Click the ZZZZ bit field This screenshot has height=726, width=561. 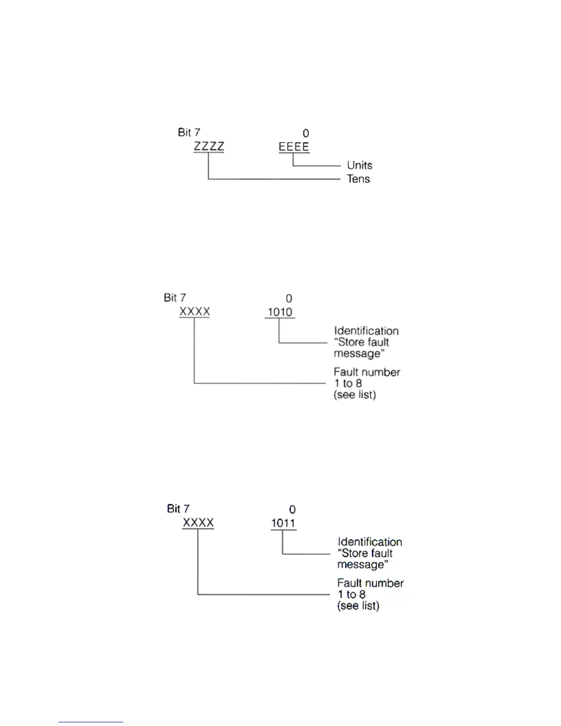[x=209, y=147]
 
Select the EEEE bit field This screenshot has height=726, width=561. [x=294, y=147]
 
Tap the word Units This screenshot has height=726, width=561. [x=359, y=165]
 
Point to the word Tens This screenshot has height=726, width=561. [x=358, y=179]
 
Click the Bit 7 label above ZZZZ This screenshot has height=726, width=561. [x=189, y=132]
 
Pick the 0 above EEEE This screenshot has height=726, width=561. [x=306, y=133]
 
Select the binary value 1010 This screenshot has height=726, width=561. [x=280, y=312]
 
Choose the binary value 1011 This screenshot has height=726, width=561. [x=283, y=523]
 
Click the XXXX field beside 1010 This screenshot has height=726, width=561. [x=194, y=312]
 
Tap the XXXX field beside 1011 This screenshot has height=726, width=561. [x=198, y=522]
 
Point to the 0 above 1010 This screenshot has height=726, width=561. [x=289, y=298]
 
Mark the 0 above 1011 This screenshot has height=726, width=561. [x=292, y=510]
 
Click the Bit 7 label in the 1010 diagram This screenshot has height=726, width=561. [x=175, y=297]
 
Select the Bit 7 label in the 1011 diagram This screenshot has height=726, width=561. [x=178, y=509]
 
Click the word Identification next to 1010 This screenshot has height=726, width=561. [x=366, y=331]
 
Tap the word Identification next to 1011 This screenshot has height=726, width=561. [x=369, y=542]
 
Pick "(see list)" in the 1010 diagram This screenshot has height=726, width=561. [x=354, y=395]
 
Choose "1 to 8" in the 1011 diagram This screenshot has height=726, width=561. [x=352, y=594]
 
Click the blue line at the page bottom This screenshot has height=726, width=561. [x=90, y=722]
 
